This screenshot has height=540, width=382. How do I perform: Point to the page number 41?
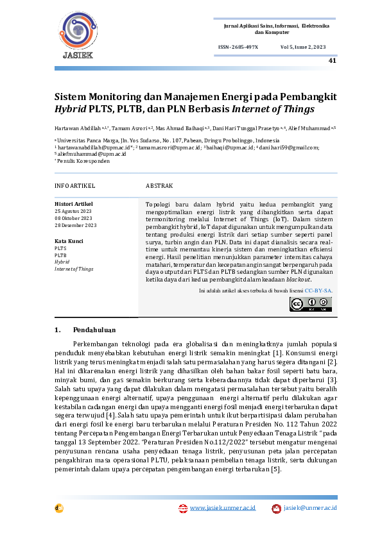tap(332, 61)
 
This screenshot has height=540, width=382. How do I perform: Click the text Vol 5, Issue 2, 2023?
tap(303, 48)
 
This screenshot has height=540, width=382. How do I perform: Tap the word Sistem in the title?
tap(71, 96)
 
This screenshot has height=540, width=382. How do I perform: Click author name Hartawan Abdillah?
tap(76, 128)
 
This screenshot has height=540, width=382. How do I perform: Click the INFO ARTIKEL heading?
tap(74, 186)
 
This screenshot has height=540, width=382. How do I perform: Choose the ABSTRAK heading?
tap(159, 186)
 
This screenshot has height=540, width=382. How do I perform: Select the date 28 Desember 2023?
tap(76, 225)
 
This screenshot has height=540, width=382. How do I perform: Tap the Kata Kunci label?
tap(69, 240)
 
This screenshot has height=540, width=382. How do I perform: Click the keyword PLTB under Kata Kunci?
tap(60, 255)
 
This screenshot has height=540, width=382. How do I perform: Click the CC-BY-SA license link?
tap(318, 291)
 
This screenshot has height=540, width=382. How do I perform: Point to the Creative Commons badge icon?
tap(311, 304)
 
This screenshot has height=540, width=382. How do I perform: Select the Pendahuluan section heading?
tap(94, 330)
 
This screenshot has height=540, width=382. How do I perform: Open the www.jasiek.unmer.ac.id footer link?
tap(222, 508)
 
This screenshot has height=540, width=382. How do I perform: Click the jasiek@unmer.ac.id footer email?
tap(310, 508)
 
